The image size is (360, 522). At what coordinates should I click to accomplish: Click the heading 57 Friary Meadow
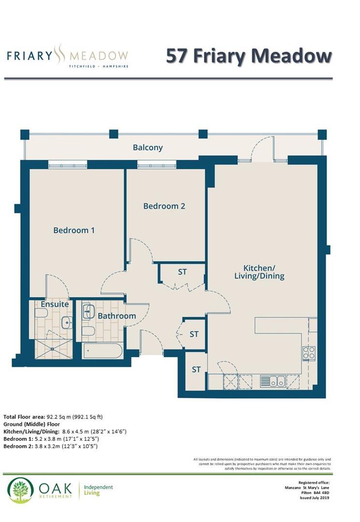[x=249, y=56]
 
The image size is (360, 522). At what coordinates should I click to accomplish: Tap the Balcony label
[x=148, y=147]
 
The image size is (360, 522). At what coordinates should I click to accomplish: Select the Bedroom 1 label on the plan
[x=74, y=230]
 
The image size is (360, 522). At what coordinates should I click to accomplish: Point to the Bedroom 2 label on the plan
[x=164, y=206]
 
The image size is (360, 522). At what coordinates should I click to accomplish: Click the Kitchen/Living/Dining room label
[x=263, y=272]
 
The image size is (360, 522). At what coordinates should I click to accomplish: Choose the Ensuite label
[x=54, y=305]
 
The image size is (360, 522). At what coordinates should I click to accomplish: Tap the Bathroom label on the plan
[x=116, y=316]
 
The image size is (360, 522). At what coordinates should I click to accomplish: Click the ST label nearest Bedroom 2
[x=182, y=272]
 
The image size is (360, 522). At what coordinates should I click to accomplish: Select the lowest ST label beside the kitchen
[x=196, y=370]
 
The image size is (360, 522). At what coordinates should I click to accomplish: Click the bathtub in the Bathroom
[x=102, y=350]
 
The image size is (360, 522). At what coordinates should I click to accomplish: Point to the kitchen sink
[x=273, y=381]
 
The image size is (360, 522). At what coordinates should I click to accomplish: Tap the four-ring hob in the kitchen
[x=309, y=353]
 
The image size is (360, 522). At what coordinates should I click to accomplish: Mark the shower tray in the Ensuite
[x=53, y=348]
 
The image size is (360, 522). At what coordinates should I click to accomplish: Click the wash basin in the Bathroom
[x=88, y=312]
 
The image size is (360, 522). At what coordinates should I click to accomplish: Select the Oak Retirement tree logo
[x=20, y=490]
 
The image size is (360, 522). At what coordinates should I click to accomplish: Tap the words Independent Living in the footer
[x=99, y=490]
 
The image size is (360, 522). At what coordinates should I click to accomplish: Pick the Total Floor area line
[x=53, y=416]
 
